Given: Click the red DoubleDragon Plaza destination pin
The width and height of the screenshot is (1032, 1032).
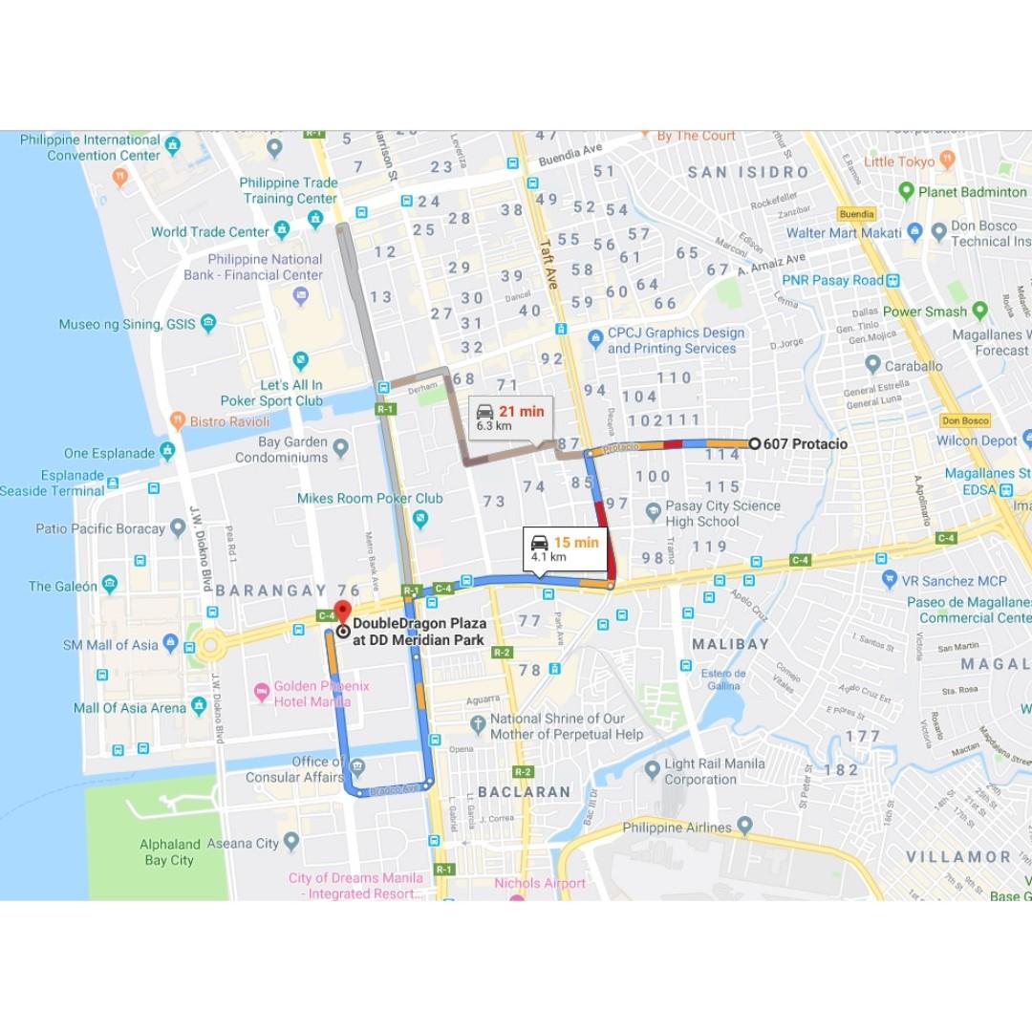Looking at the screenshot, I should coord(343,612).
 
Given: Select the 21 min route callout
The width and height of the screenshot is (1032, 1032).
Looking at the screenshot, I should coord(511,418).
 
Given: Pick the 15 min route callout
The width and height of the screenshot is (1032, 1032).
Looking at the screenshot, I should coord(566,548).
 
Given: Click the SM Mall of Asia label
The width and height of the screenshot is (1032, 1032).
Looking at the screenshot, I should coord(110,645).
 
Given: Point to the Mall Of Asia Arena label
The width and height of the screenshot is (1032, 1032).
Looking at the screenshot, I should coord(130,708).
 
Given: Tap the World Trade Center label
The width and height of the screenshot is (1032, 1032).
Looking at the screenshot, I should coord(210,231).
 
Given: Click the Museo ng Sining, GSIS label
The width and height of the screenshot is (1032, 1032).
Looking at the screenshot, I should coord(127,324).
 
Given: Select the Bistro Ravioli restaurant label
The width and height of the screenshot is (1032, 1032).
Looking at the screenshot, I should coord(229,420).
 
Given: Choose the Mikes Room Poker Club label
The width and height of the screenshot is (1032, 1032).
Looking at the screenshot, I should coord(370,498).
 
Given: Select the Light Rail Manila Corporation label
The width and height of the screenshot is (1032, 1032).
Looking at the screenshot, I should coord(715,771).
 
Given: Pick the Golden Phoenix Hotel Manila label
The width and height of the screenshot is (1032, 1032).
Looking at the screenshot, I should coord(321,694).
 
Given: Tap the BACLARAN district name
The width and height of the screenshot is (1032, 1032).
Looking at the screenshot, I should coord(524,792).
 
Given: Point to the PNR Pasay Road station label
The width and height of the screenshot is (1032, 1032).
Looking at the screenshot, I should coord(832,280).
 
